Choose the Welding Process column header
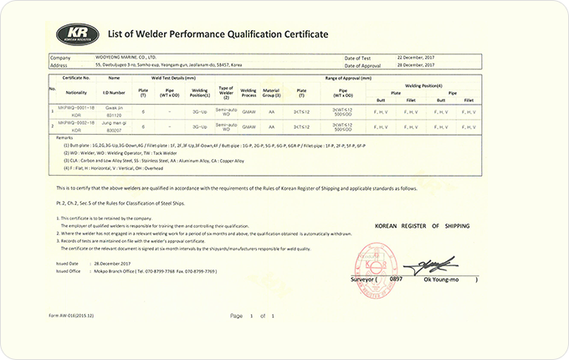[249, 92]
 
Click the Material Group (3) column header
[273, 92]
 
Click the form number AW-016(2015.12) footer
[79, 316]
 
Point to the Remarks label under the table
[64, 136]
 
